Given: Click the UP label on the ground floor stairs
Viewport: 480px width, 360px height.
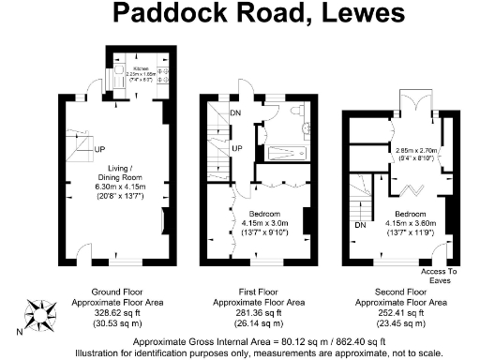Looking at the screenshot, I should point(97,148).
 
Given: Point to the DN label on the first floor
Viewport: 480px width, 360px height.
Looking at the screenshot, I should point(236,115).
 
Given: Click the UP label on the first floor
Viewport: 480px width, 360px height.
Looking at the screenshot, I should point(237,149).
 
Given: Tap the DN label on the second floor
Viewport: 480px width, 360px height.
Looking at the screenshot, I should point(359,225).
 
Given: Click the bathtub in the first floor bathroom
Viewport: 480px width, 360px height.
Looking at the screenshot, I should point(287,155).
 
